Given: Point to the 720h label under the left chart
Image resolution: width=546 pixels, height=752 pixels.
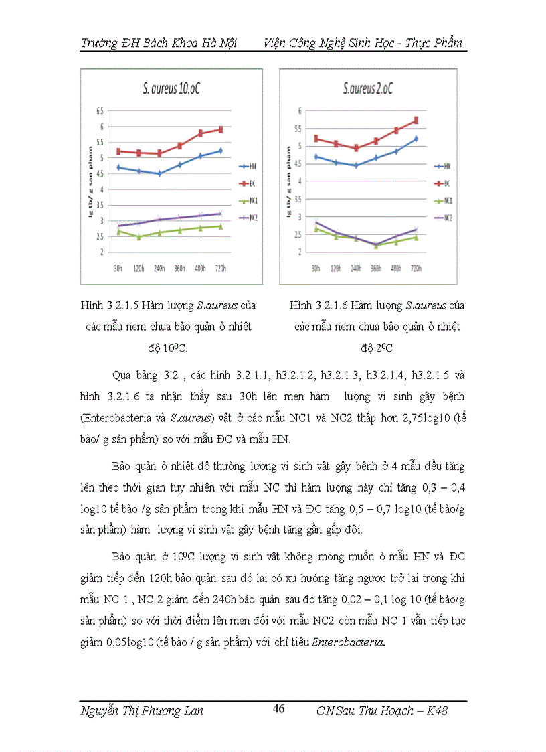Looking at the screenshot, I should pos(220,267).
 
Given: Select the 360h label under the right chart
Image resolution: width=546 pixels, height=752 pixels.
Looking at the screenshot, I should pos(377,267).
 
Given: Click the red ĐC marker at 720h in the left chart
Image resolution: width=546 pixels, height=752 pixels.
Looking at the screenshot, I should pos(220,129).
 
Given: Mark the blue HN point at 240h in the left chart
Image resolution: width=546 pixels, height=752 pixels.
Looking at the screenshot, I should pos(159,173).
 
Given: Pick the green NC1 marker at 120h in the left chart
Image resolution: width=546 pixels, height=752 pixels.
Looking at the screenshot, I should pos(139,237).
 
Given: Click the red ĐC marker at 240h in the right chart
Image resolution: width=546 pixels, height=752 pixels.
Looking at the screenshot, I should pos(357,148).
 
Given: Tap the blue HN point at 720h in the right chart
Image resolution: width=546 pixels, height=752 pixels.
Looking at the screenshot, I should pos(416,139).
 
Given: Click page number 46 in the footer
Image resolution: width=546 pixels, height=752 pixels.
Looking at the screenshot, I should pos(278,709).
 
